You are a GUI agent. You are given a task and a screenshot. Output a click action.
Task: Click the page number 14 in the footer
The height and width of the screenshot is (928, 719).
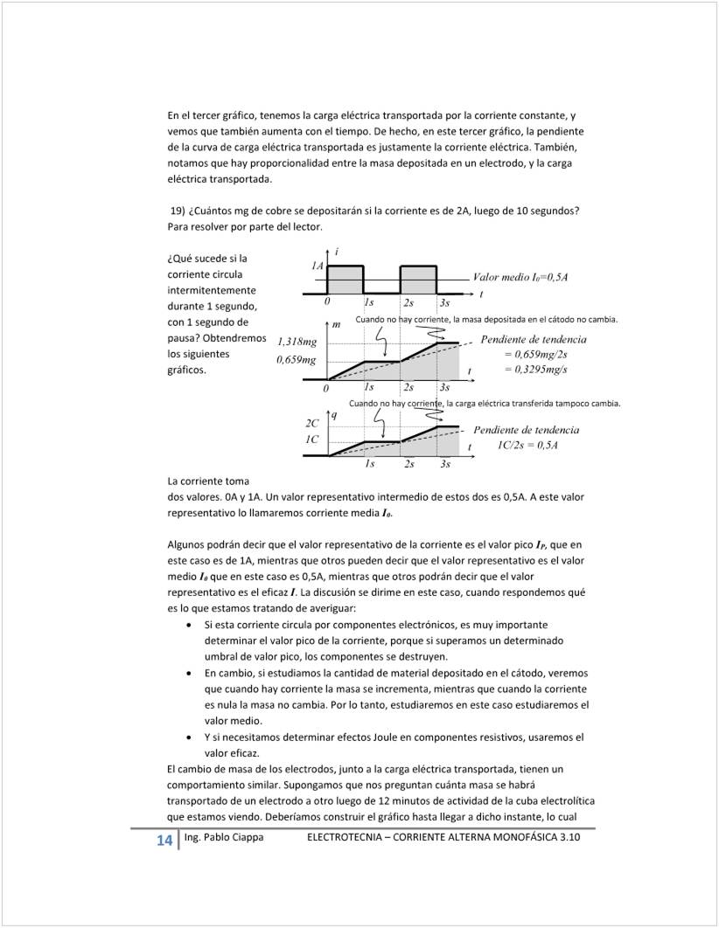pyautogui.click(x=164, y=841)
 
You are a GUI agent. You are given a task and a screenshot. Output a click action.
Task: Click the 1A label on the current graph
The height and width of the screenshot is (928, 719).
pyautogui.click(x=318, y=264)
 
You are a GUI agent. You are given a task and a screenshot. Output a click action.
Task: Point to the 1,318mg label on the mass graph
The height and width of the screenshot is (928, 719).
pyautogui.click(x=297, y=342)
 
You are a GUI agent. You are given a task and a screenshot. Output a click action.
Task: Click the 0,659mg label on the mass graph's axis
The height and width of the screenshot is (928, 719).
pyautogui.click(x=297, y=359)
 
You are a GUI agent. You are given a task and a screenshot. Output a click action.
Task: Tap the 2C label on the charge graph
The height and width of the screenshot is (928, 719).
pyautogui.click(x=311, y=422)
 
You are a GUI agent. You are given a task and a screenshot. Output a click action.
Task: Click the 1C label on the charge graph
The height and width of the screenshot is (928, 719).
pyautogui.click(x=311, y=439)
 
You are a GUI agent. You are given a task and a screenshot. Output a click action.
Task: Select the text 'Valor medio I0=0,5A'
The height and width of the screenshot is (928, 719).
pyautogui.click(x=520, y=277)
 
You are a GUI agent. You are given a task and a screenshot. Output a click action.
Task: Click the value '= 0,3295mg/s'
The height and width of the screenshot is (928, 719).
pyautogui.click(x=535, y=369)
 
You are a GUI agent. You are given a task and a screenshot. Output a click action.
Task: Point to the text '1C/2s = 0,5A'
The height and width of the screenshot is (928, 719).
pyautogui.click(x=527, y=445)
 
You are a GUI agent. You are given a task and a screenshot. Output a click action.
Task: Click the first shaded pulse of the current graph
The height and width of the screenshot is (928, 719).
pyautogui.click(x=345, y=280)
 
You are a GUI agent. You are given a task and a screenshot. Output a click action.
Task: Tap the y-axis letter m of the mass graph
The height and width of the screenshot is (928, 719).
pyautogui.click(x=336, y=326)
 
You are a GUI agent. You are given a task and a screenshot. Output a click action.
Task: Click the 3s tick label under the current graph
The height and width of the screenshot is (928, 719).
pyautogui.click(x=444, y=302)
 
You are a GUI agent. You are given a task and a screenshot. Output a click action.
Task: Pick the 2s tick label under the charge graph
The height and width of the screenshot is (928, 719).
pyautogui.click(x=408, y=464)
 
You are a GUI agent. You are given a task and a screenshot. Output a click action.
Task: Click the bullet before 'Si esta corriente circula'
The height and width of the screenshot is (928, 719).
pyautogui.click(x=192, y=625)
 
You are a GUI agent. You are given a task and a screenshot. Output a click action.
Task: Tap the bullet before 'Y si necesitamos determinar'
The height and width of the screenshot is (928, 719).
pyautogui.click(x=192, y=737)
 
